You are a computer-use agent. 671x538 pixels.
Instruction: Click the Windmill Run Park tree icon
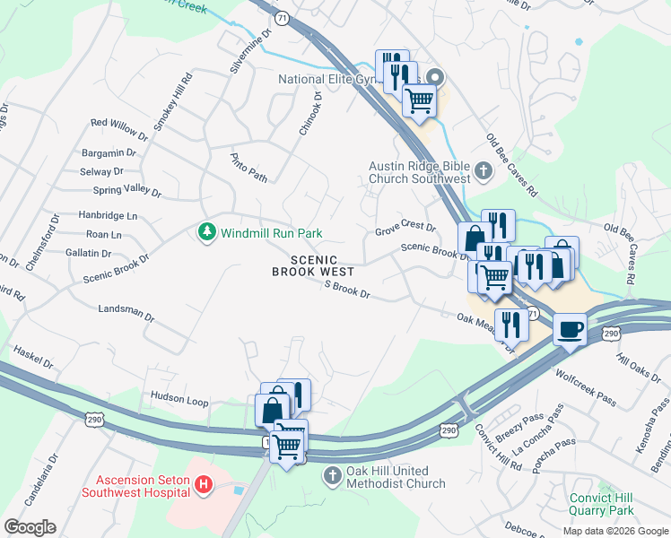tap(207, 232)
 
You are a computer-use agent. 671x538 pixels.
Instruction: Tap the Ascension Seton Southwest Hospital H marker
tap(204, 485)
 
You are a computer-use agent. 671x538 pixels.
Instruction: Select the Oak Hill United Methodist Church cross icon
tap(333, 476)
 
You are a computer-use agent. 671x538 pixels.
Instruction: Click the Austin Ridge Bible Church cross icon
tap(483, 171)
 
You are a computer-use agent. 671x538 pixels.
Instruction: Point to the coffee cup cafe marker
tap(571, 330)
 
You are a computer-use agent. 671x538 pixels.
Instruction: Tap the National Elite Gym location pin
tap(437, 78)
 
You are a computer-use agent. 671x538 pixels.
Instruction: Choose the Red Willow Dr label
tap(118, 124)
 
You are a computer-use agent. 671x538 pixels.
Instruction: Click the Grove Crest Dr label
tap(405, 229)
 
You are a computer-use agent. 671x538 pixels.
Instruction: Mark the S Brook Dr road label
tap(347, 289)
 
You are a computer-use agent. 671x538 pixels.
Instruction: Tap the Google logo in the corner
tap(30, 527)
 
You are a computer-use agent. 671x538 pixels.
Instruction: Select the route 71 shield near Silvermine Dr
tap(282, 19)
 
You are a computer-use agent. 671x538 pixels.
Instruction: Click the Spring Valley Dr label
tap(126, 191)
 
